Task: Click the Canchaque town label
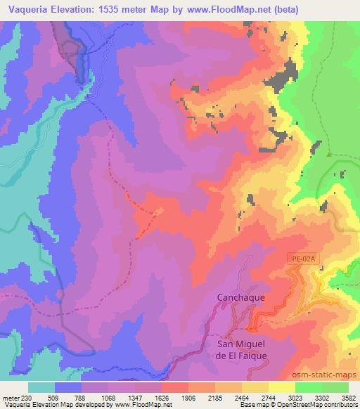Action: [x=240, y=297]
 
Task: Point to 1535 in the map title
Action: [x=112, y=10]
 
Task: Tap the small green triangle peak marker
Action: [x=329, y=155]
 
